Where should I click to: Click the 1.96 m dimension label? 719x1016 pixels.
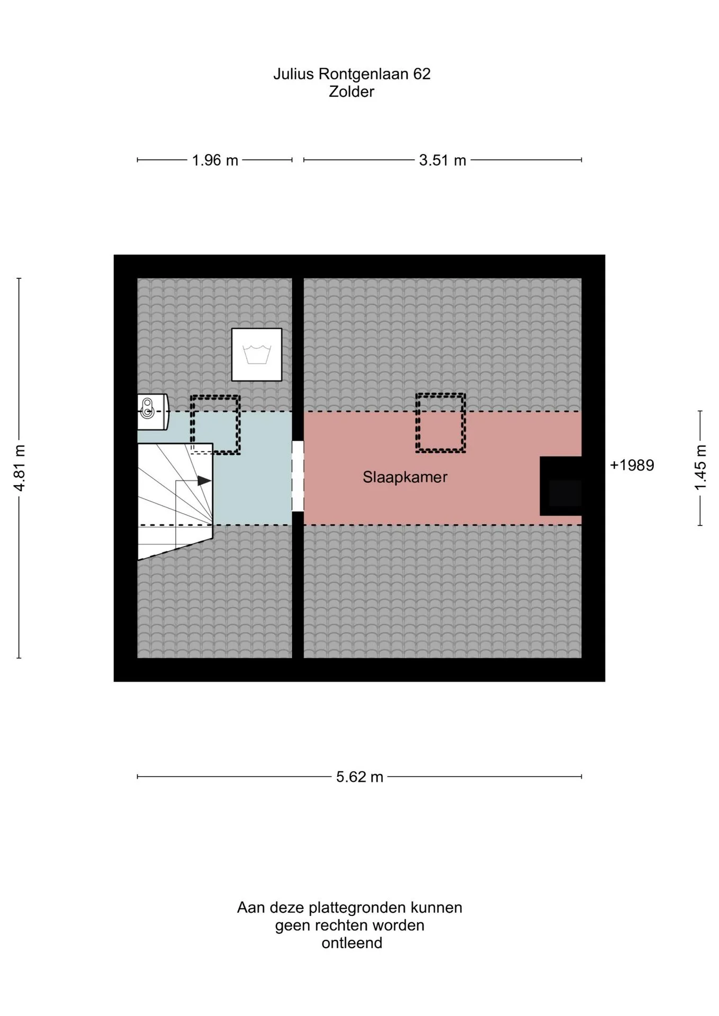215,160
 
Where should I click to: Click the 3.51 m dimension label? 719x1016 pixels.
443,160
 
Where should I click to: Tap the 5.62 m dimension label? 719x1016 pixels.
359,777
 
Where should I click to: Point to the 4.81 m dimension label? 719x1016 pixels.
20,468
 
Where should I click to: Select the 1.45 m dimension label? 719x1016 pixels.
700,468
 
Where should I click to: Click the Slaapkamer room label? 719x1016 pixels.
405,477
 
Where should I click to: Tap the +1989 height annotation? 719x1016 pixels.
632,465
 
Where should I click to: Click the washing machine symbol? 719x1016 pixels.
257,355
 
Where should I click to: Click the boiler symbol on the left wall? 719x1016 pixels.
152,412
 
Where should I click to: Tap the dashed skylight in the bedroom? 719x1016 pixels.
441,423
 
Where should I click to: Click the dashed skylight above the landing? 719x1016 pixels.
215,425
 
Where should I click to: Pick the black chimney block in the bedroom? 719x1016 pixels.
561,486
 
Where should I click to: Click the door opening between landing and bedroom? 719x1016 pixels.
298,476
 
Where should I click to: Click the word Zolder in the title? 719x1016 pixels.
352,92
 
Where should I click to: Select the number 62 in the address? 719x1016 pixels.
422,74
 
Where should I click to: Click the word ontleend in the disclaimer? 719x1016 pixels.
352,943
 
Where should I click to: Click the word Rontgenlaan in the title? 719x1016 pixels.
364,75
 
